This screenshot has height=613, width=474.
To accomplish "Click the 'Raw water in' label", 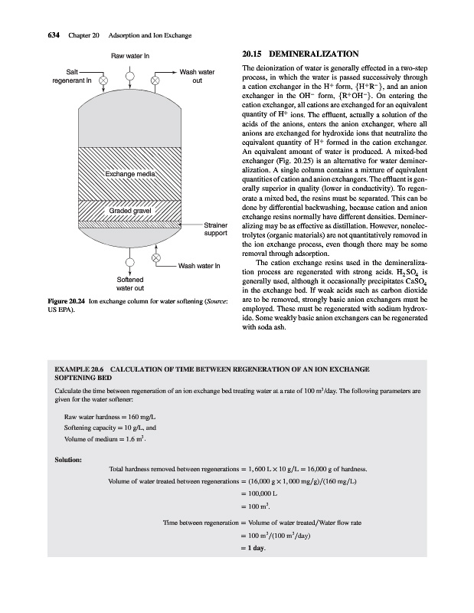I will [x=130, y=56].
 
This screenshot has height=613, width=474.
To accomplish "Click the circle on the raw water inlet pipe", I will [x=130, y=76].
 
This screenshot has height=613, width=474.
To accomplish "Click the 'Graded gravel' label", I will [x=130, y=211].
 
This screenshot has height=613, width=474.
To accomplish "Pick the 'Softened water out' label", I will [x=129, y=284].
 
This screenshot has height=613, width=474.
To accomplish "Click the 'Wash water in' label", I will [x=199, y=267].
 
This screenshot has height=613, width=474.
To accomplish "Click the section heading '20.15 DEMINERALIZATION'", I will [x=299, y=55].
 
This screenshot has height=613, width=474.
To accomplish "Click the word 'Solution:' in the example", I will [x=63, y=461].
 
